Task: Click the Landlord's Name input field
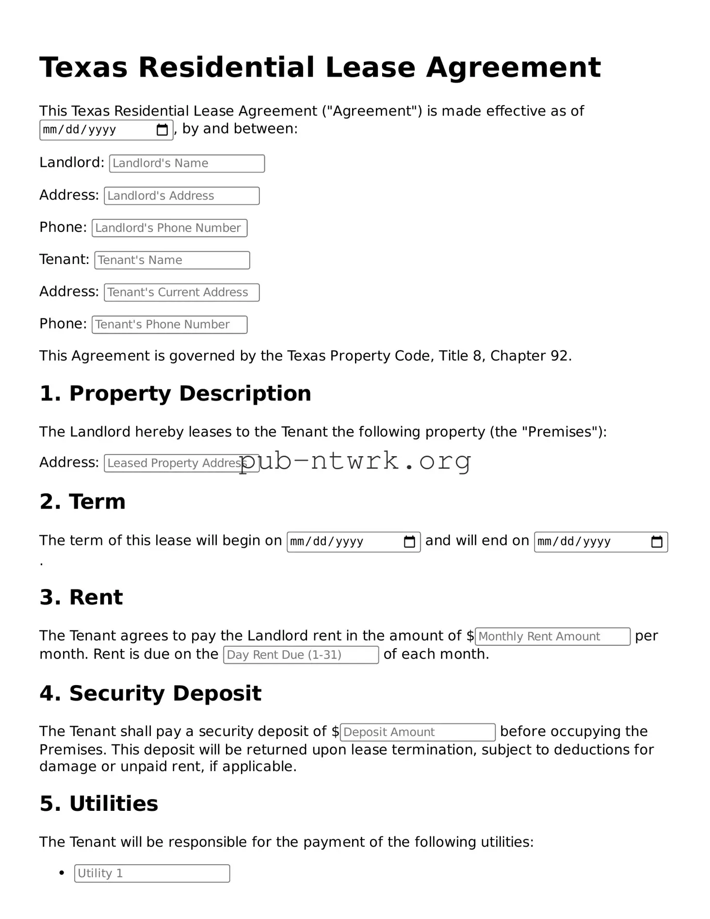(187, 164)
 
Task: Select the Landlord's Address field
(181, 196)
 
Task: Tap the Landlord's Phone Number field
(169, 228)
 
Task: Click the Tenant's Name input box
(172, 260)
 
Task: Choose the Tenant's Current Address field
(181, 293)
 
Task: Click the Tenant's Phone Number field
(169, 325)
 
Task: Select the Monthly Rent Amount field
(552, 637)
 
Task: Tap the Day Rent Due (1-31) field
(300, 655)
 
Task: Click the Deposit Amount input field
(417, 732)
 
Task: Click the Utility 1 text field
(152, 873)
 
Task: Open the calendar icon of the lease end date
(657, 542)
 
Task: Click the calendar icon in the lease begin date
(409, 542)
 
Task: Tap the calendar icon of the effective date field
(162, 130)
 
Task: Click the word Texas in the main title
(83, 67)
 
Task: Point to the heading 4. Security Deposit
(150, 693)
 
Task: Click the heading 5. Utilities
(99, 804)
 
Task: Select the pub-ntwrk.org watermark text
(355, 461)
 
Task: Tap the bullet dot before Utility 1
(62, 873)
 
